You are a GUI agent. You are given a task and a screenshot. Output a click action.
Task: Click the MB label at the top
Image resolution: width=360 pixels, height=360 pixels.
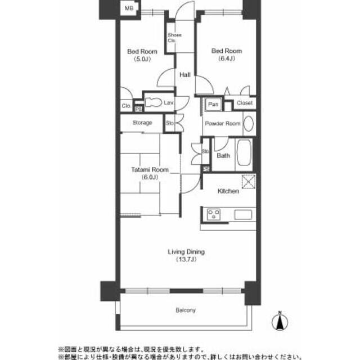click(129, 8)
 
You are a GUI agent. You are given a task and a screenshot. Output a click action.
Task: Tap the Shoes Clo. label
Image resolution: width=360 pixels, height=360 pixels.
click(174, 38)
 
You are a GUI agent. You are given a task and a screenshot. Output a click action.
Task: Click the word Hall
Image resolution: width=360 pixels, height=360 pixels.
click(184, 75)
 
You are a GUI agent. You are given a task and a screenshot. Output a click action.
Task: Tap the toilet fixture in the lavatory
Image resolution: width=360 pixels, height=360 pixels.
click(152, 102)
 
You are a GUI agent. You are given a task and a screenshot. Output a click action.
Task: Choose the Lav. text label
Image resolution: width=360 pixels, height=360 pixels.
click(168, 103)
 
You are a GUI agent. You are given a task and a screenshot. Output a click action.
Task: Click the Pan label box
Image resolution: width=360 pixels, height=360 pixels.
click(213, 104)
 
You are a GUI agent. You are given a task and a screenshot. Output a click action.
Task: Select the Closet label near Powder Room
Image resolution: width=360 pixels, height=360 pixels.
click(244, 103)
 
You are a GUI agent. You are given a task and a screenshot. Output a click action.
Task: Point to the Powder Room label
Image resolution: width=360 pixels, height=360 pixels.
click(222, 124)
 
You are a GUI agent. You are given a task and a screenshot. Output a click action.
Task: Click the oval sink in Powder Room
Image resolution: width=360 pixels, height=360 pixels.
click(248, 124)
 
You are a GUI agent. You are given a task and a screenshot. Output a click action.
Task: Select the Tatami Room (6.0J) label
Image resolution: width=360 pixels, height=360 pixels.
click(144, 173)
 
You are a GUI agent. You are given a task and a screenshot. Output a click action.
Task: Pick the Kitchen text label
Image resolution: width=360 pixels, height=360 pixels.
click(228, 191)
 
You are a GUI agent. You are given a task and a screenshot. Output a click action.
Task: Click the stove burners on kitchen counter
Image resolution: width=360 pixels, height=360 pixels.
click(214, 214)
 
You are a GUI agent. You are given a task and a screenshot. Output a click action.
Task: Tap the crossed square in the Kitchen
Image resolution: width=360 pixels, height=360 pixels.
click(248, 182)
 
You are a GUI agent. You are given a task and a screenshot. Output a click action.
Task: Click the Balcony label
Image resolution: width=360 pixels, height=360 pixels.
click(185, 310)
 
